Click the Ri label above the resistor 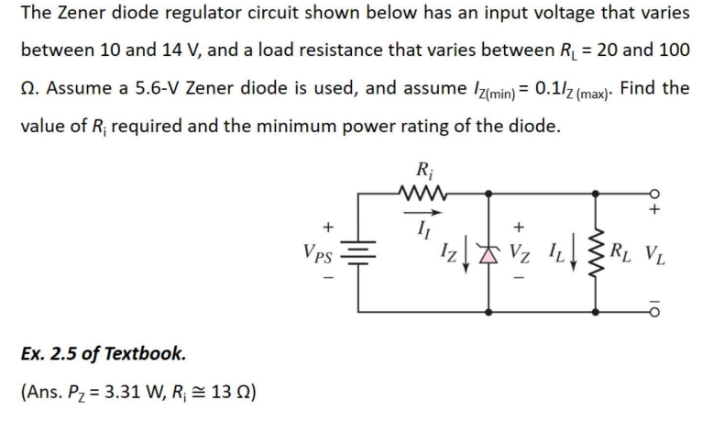click(x=423, y=169)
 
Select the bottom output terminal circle click(x=654, y=309)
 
